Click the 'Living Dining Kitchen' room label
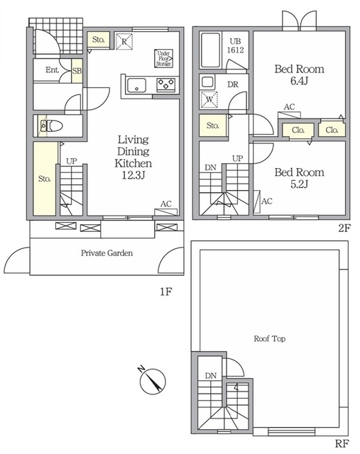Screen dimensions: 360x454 pyautogui.click(x=133, y=157)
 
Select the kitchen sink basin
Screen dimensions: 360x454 pyautogui.click(x=137, y=85)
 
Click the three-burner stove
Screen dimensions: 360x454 pyautogui.click(x=165, y=85)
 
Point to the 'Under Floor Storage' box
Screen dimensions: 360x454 pyautogui.click(x=163, y=58)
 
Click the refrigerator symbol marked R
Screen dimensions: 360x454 pyautogui.click(x=124, y=41)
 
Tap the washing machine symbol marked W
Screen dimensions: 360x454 pyautogui.click(x=209, y=99)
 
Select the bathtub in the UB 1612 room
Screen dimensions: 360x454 pyautogui.click(x=210, y=50)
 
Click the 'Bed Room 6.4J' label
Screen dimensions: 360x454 pyautogui.click(x=299, y=74)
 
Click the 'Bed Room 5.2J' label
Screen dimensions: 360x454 pyautogui.click(x=299, y=178)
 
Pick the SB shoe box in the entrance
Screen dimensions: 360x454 pyautogui.click(x=77, y=71)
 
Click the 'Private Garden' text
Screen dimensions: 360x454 pyautogui.click(x=107, y=253)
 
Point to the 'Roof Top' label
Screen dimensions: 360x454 pyautogui.click(x=270, y=338)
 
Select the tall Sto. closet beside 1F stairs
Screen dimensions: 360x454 pyautogui.click(x=45, y=179)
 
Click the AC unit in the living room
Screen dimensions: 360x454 pyautogui.click(x=165, y=212)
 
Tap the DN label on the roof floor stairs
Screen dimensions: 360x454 pyautogui.click(x=211, y=375)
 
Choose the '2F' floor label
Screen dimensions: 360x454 pyautogui.click(x=344, y=228)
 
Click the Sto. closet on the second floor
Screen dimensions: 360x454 pyautogui.click(x=213, y=126)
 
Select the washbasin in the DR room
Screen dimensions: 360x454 pyautogui.click(x=207, y=82)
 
